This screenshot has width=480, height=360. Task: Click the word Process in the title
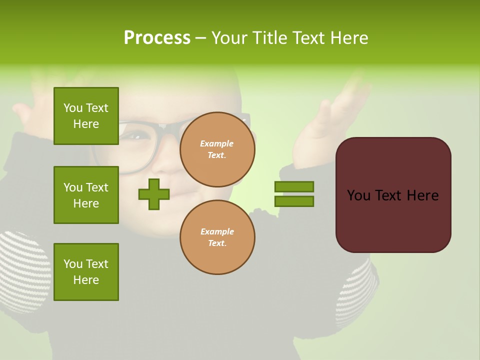click(157, 38)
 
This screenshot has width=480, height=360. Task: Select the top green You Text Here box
click(86, 116)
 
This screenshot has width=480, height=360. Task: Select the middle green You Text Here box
click(86, 195)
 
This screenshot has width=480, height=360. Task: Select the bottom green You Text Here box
click(86, 272)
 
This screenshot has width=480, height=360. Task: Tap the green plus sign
click(154, 194)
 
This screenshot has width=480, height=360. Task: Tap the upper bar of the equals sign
click(294, 186)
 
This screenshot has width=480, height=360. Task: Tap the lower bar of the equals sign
click(294, 201)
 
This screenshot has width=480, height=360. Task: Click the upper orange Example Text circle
click(217, 149)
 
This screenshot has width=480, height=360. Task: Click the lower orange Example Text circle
click(217, 237)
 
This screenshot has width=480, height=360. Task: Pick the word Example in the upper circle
click(217, 144)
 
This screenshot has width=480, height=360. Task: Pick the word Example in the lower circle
click(217, 232)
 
